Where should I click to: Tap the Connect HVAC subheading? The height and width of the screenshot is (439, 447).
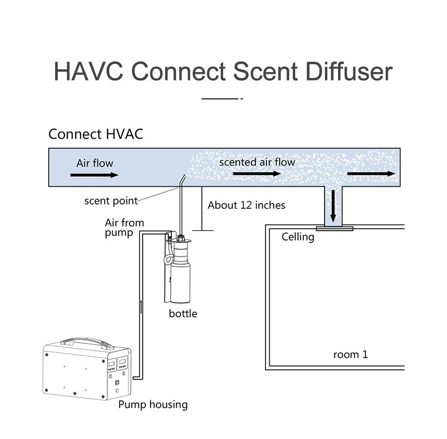point(95,134)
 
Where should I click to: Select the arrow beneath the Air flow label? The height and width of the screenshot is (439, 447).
point(94,175)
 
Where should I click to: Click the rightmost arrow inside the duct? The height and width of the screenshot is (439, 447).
point(371,173)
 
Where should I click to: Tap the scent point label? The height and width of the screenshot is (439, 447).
point(111,201)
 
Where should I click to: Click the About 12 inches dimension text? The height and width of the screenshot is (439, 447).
point(246,205)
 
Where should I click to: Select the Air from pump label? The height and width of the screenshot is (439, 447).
point(124,227)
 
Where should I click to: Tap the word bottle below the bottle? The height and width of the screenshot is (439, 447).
point(183,314)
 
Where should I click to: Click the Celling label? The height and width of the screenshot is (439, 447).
point(298,237)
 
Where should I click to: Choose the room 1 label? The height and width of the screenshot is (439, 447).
point(350,354)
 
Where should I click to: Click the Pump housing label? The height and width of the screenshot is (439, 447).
point(153,405)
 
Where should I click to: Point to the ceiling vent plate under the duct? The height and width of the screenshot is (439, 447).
point(334,228)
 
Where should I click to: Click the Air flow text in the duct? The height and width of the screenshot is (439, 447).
point(95,163)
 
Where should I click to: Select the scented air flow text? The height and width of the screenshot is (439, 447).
point(257,162)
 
